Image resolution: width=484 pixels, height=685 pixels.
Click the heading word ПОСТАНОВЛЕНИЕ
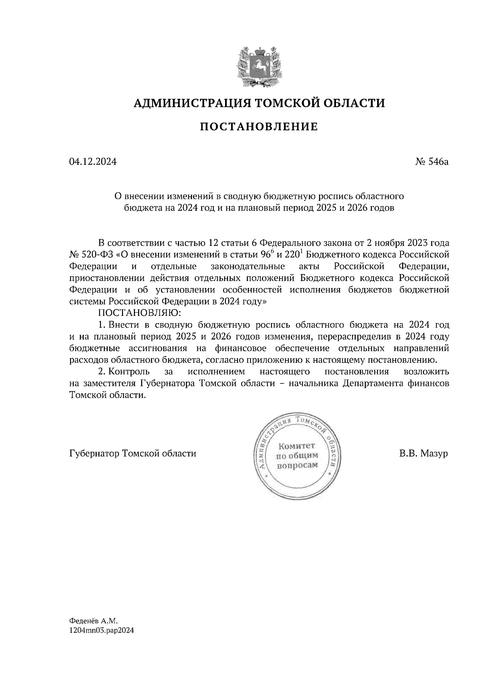[259, 127]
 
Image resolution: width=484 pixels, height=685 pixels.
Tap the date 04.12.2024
[93, 162]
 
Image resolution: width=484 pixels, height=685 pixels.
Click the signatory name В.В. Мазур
[423, 453]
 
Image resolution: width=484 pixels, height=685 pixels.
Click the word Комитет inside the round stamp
[296, 446]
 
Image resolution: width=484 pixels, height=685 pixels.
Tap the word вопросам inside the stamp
[296, 464]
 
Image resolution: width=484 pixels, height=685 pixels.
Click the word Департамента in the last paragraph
[371, 383]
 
